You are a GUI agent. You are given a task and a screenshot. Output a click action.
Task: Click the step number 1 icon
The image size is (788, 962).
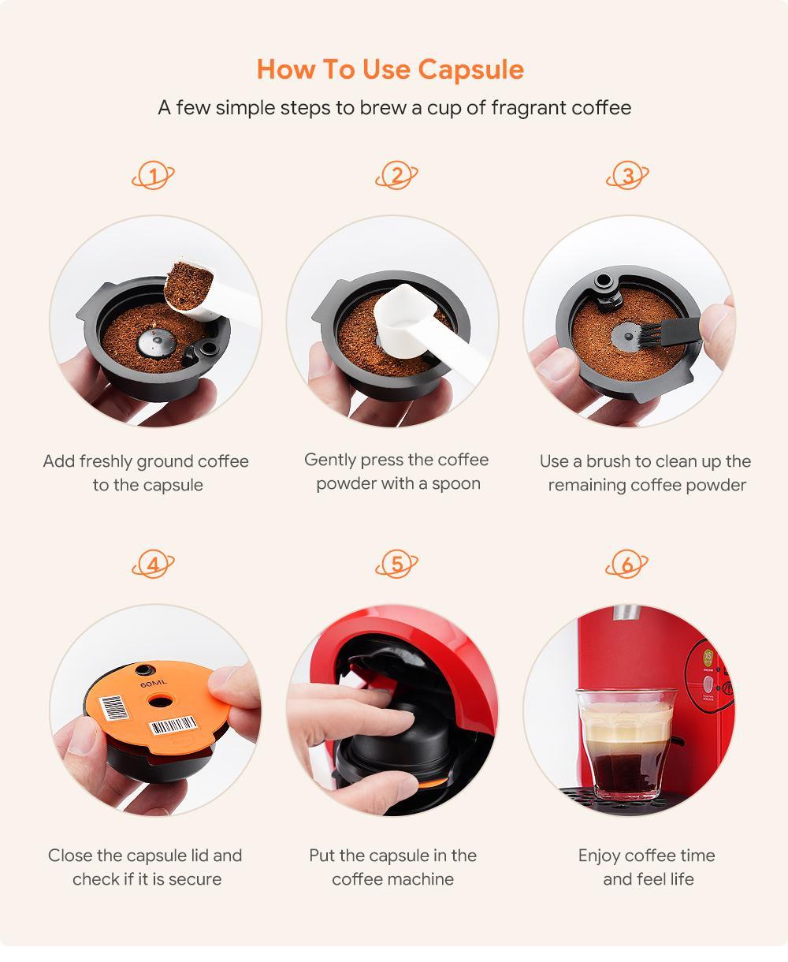153,176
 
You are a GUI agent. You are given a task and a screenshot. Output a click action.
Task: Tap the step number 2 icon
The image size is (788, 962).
397,175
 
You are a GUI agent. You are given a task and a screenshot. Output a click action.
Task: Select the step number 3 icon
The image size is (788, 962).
627,175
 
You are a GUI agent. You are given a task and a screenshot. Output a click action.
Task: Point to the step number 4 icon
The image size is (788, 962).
153,565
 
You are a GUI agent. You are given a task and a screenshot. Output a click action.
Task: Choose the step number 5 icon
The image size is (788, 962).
397,565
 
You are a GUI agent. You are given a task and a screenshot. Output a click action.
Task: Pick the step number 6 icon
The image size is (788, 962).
627,565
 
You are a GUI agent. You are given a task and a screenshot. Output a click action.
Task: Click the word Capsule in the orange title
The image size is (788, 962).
470,70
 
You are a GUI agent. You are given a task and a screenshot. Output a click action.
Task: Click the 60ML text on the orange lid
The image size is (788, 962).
154,684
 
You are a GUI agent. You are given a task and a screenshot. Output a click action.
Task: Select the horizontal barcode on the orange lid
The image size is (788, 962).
173,725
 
